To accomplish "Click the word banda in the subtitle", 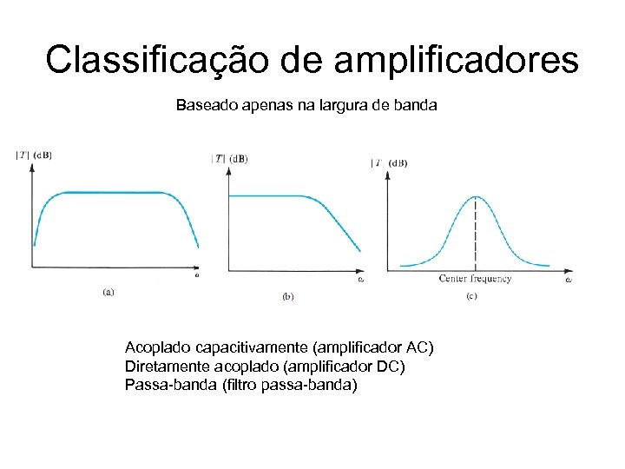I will (417, 106).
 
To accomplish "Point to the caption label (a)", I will (108, 292).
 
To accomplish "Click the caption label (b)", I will (288, 296).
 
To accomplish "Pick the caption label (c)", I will (471, 296).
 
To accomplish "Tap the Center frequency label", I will (475, 279).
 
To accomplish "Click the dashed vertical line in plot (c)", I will (475, 234).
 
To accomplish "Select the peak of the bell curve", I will (475, 196).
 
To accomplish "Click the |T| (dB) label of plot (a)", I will (34, 155).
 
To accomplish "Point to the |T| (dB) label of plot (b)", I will (230, 158).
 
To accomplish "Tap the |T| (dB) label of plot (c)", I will (390, 162).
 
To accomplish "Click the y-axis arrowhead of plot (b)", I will (228, 170).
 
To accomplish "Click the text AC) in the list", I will (420, 348).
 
